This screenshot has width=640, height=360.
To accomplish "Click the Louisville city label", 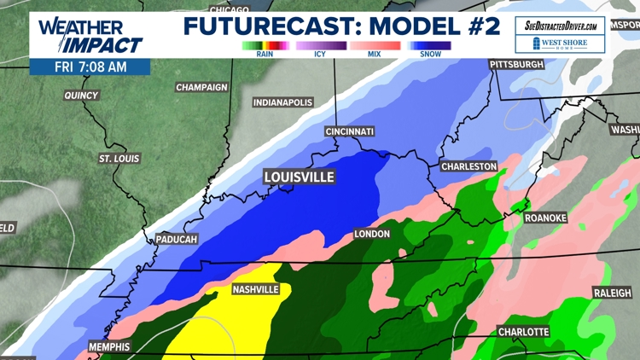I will tap(299, 177).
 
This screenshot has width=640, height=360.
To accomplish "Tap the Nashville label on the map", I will tap(256, 289).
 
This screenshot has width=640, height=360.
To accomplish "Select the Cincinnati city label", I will tap(349, 131).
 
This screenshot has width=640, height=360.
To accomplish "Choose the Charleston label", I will tap(468, 165).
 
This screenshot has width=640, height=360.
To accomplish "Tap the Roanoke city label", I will tap(545, 218).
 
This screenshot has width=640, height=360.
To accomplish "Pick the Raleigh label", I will tap(613, 293).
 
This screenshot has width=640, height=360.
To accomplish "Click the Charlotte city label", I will tap(523, 331).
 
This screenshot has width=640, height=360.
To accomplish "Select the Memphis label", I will tap(108, 347).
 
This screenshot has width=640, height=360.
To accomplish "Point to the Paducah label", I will tap(177, 240).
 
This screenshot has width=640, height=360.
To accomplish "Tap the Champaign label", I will tap(201, 87).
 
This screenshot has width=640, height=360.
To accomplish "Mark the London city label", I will tap(372, 234).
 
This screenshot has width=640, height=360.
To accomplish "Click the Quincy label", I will tap(82, 96).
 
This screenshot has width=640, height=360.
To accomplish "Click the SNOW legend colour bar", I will tap(429, 45).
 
